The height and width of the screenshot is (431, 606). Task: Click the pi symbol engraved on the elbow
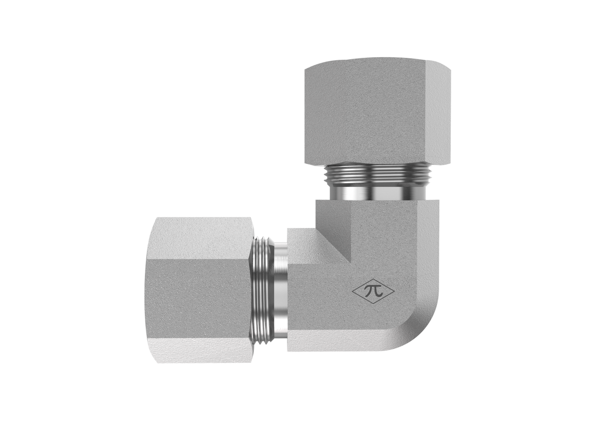point(373,291)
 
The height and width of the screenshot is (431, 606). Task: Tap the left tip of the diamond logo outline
point(352,291)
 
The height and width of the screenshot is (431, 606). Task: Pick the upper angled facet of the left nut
point(202,238)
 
